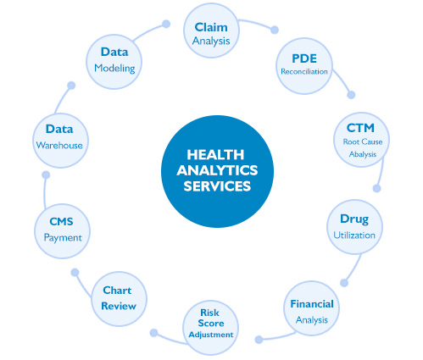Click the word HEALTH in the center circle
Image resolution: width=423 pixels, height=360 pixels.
click(x=215, y=155)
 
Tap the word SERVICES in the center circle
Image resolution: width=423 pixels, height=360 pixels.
click(x=217, y=186)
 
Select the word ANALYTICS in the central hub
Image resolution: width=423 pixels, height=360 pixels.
click(x=217, y=170)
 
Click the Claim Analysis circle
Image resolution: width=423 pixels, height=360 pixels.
click(x=211, y=30)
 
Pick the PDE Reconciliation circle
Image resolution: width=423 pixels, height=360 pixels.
click(x=304, y=66)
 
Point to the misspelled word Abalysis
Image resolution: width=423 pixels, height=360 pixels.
click(x=363, y=154)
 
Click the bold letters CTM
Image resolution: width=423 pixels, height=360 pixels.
click(x=360, y=128)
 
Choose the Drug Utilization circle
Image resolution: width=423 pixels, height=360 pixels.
click(x=354, y=227)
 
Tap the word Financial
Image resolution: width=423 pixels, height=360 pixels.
click(x=312, y=304)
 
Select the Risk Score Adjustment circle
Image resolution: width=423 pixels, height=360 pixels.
click(x=211, y=328)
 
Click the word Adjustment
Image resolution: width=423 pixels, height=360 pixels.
click(x=211, y=335)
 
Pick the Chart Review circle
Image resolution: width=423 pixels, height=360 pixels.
click(x=119, y=299)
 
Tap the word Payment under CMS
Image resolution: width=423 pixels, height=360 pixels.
click(x=63, y=238)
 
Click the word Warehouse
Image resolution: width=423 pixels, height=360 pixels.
click(x=59, y=146)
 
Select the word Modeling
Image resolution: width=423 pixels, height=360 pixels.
click(x=114, y=69)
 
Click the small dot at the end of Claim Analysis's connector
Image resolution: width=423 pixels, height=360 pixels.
click(x=275, y=30)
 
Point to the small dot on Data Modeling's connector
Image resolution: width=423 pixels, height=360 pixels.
click(x=166, y=24)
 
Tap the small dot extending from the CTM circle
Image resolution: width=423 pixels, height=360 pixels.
click(x=376, y=188)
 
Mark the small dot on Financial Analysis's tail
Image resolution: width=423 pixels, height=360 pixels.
click(x=259, y=340)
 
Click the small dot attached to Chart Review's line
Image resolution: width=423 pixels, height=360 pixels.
click(x=75, y=273)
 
